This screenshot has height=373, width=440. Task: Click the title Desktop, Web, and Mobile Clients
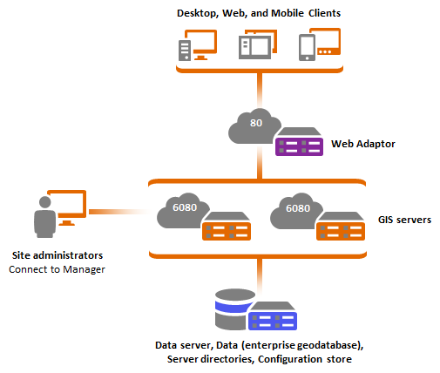(x=260, y=14)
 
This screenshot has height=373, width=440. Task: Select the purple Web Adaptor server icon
(x=299, y=144)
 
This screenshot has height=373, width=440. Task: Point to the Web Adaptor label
(x=361, y=142)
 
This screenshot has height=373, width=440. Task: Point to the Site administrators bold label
(x=57, y=256)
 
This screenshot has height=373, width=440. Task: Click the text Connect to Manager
(x=57, y=269)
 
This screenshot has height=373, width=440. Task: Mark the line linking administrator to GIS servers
(x=118, y=212)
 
